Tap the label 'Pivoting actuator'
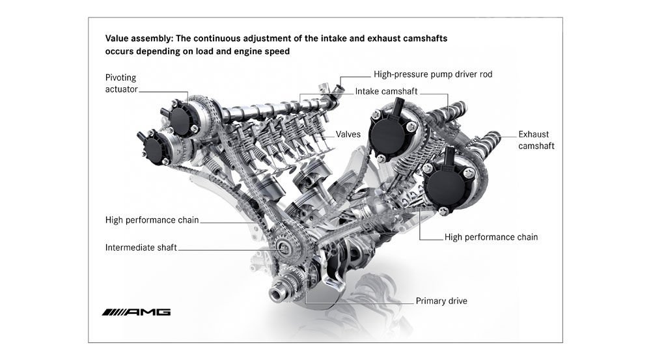121,83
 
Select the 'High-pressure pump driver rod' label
433,74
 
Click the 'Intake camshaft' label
386,92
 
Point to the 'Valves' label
348,135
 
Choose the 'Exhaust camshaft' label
536,140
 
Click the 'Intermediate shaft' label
141,247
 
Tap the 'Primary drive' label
441,301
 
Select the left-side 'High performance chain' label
152,220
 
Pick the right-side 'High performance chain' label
491,237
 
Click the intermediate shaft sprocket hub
284,248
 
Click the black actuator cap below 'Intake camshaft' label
389,135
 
